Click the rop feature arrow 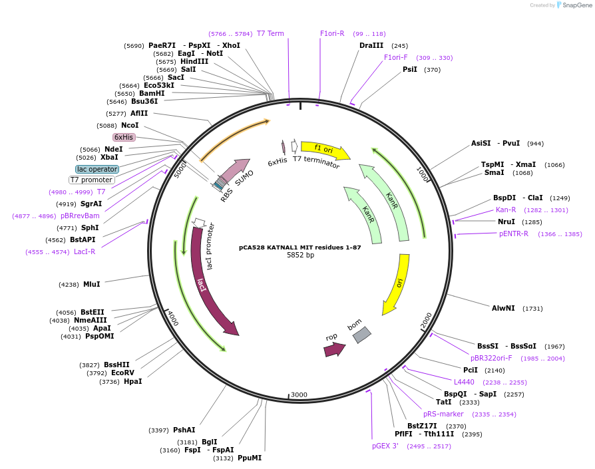tap(334, 349)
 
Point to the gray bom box tap(361, 335)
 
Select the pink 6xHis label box tap(124, 137)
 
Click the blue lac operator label tap(97, 169)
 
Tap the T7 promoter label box tap(92, 180)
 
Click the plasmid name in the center tap(300, 247)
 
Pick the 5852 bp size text tap(300, 255)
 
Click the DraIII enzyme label tap(371, 45)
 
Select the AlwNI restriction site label tap(503, 308)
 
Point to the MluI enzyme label tap(92, 284)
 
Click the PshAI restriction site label tap(184, 430)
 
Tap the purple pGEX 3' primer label tap(385, 446)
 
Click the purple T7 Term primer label tap(270, 33)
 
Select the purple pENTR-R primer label tap(514, 234)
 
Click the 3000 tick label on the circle tap(299, 394)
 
